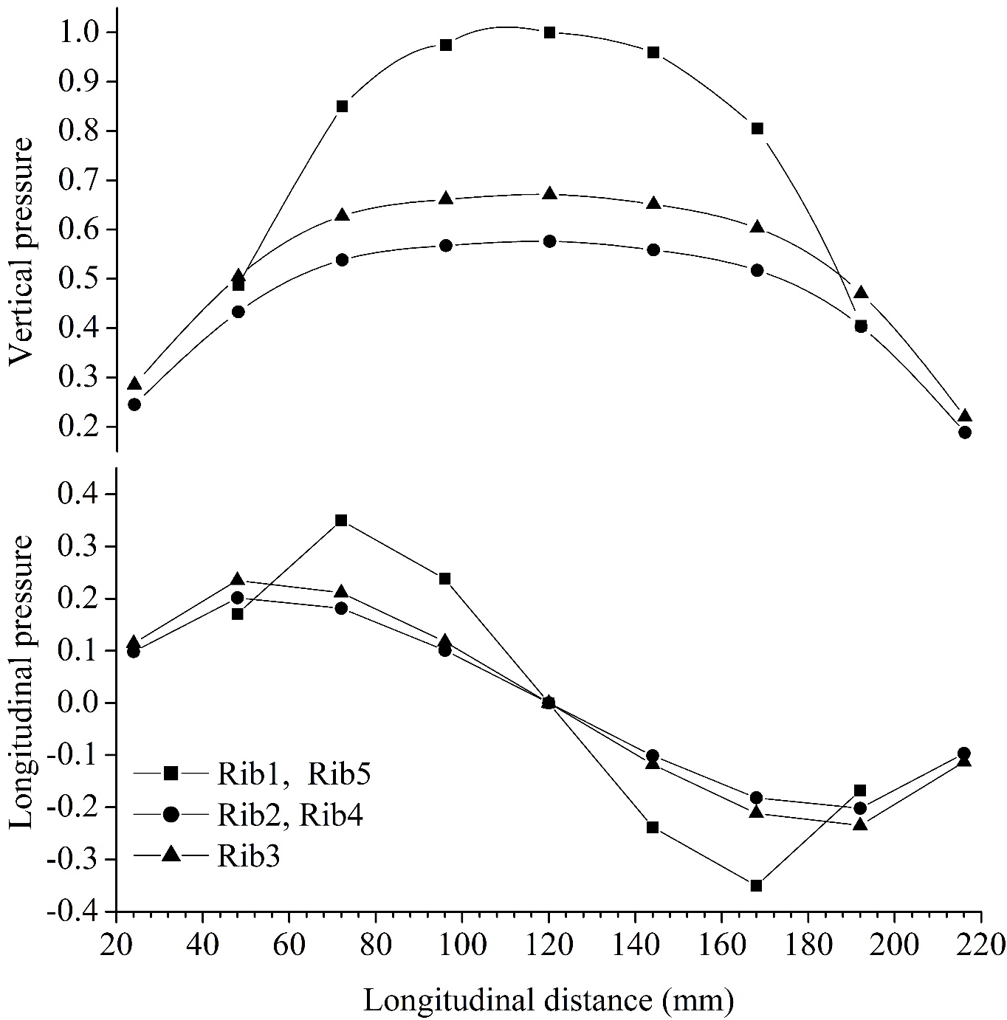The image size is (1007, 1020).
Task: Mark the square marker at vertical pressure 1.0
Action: (x=549, y=32)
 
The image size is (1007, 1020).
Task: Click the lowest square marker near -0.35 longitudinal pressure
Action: (x=756, y=886)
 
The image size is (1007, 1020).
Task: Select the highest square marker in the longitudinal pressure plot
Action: (x=341, y=520)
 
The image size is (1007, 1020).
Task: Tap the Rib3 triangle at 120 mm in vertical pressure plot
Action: (x=549, y=194)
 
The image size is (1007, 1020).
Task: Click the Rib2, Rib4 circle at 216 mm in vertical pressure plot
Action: (x=964, y=433)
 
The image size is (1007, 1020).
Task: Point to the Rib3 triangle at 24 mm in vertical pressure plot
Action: (x=134, y=385)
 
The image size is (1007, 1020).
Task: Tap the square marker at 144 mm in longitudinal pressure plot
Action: (x=653, y=827)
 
